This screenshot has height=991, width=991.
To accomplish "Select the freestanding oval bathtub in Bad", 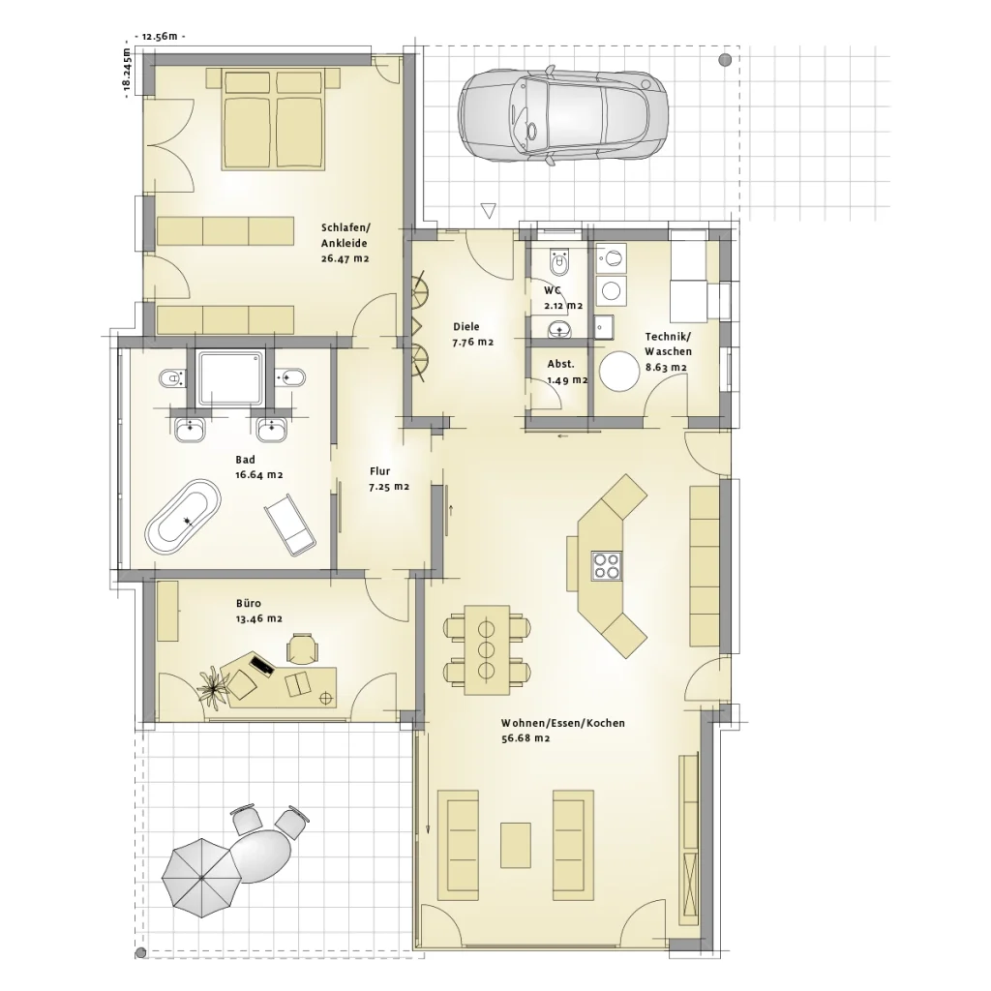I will click(183, 518).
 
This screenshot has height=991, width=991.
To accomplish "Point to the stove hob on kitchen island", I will click(607, 565).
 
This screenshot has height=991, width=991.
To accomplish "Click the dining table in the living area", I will click(487, 649).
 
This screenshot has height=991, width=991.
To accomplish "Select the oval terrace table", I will click(259, 856).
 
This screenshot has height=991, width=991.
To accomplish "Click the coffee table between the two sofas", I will click(516, 844).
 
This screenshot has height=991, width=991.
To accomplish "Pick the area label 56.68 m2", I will click(526, 738).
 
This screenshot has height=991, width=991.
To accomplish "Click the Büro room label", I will click(248, 603).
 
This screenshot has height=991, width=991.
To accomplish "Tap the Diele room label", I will click(465, 327).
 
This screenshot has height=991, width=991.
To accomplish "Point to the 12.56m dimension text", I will click(160, 37).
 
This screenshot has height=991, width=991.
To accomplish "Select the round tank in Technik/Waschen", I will click(619, 372).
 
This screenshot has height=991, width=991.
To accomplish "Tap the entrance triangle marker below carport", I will click(489, 210).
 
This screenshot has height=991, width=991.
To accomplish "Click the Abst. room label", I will click(561, 364).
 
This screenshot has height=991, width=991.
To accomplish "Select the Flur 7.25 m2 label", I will click(388, 479).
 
